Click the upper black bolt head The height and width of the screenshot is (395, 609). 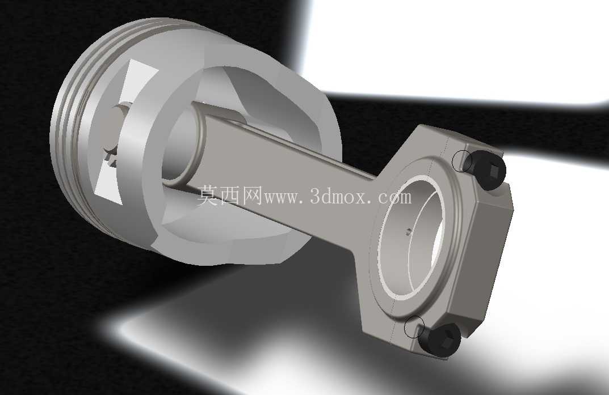488,169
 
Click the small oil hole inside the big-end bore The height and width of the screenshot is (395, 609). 408,232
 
